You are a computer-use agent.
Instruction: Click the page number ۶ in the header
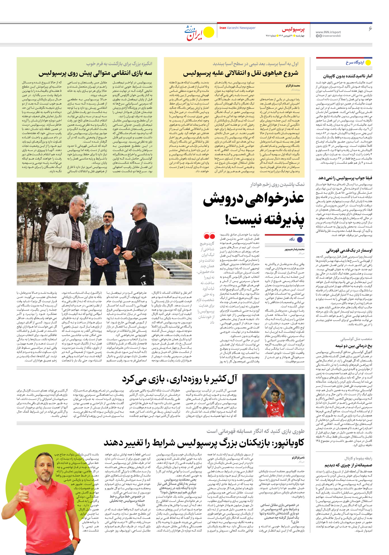point(370,29)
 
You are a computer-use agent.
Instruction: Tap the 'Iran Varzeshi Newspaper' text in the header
point(237,28)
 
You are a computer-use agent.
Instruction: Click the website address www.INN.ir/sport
point(328,32)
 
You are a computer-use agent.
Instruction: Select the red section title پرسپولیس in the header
point(293,30)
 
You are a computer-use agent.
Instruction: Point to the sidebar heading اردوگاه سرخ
point(355,62)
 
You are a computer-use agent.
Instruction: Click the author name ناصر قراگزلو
point(298,458)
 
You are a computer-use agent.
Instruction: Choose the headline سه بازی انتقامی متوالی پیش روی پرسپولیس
point(95,74)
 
